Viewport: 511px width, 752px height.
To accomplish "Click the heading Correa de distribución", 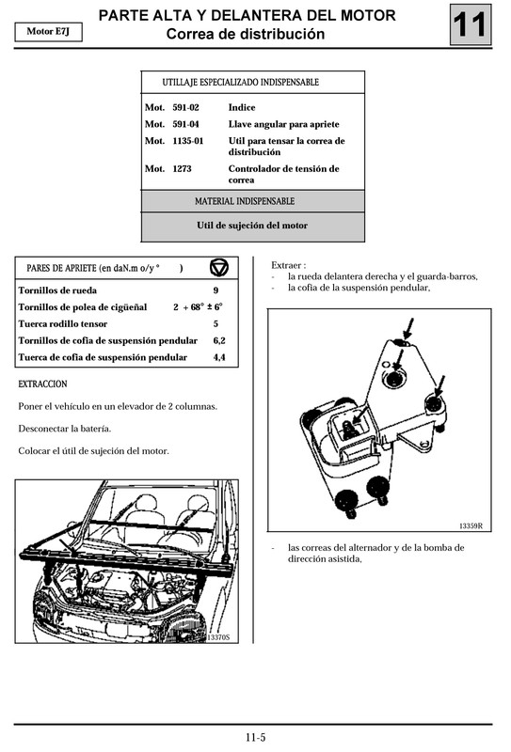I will [246, 35].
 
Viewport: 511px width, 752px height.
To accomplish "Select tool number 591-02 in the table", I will [185, 108].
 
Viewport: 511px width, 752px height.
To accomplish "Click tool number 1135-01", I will [188, 141].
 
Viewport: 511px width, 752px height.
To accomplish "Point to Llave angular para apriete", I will [283, 124].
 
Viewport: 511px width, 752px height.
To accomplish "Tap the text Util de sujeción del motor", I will [251, 226].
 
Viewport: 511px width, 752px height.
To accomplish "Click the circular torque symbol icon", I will [218, 267].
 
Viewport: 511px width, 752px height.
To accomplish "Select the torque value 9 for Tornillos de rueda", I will [216, 290].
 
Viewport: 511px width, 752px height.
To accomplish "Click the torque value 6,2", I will [218, 340].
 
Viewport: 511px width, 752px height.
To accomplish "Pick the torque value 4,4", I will [218, 357].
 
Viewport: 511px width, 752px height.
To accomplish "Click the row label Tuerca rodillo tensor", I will [62, 323].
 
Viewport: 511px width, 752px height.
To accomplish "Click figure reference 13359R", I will [470, 525].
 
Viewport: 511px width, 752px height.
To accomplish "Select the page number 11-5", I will [255, 737].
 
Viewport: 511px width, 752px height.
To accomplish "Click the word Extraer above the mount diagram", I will [288, 265].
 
